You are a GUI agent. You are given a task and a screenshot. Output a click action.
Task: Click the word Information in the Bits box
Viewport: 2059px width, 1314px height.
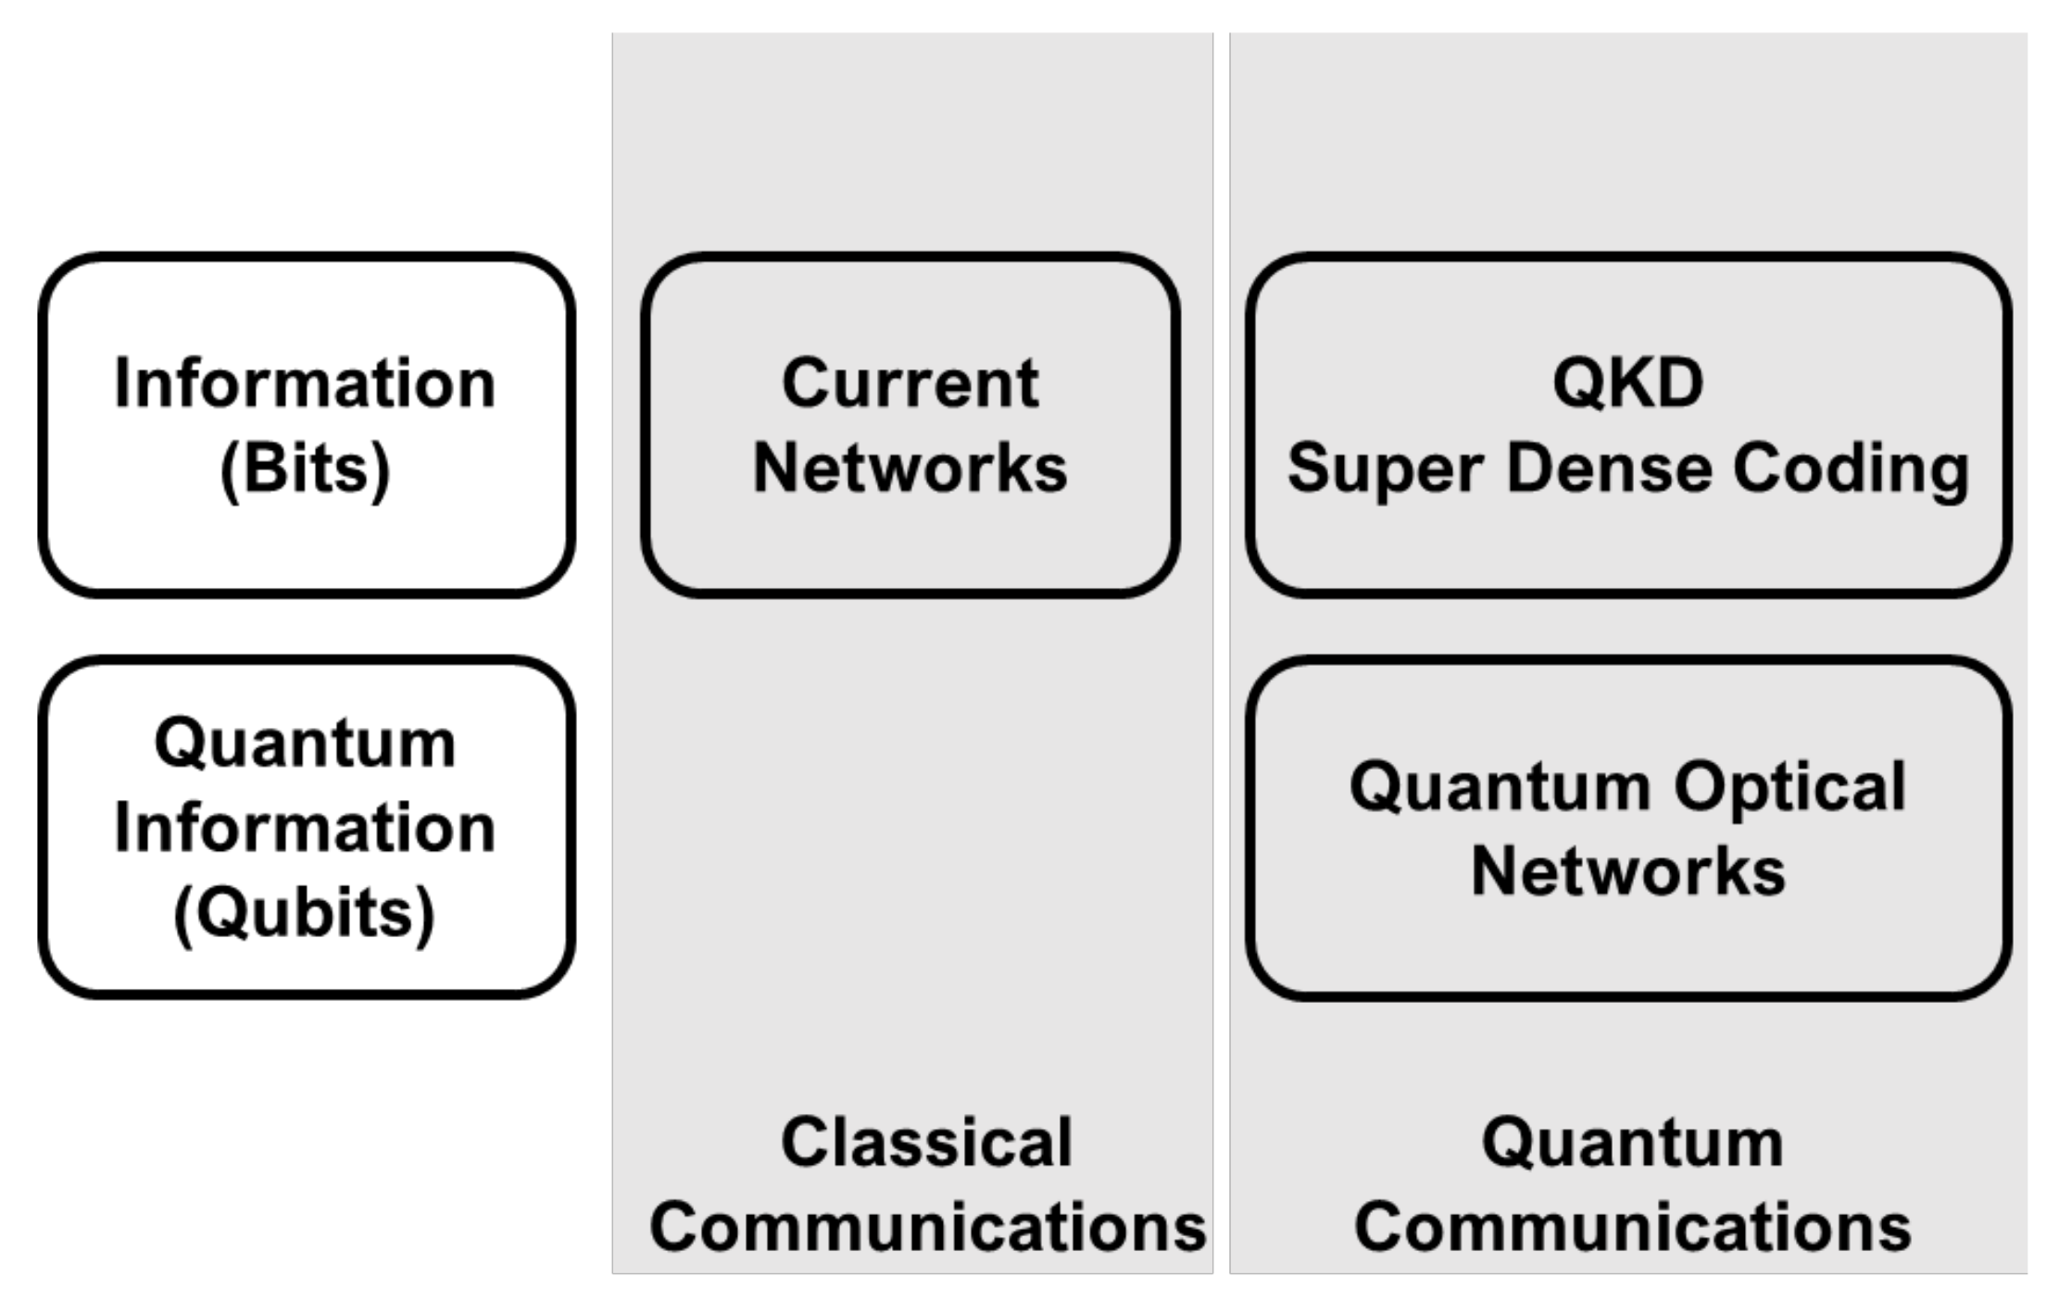click(x=305, y=383)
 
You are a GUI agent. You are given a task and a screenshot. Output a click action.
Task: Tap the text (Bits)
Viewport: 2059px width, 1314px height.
click(x=305, y=469)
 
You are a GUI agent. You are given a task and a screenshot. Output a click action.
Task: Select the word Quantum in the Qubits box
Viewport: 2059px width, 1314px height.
click(x=305, y=743)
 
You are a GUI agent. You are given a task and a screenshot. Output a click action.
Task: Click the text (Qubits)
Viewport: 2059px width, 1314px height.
click(x=305, y=913)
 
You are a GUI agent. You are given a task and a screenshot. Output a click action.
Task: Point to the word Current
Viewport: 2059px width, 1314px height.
click(x=910, y=383)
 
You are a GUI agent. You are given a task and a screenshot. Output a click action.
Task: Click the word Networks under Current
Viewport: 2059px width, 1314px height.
click(x=910, y=469)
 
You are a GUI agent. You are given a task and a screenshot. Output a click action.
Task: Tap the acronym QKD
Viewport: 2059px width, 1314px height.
click(x=1627, y=382)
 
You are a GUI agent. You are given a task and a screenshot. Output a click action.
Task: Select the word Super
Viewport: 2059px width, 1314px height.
click(x=1386, y=470)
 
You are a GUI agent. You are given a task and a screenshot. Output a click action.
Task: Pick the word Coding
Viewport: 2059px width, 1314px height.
click(x=1851, y=470)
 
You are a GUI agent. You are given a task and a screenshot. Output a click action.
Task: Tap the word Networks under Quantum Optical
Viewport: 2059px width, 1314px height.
click(x=1627, y=871)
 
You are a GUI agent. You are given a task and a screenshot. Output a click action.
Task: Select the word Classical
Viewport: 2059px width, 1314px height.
click(x=926, y=1142)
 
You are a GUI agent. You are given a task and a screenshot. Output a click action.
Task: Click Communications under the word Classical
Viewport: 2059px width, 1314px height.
click(x=927, y=1227)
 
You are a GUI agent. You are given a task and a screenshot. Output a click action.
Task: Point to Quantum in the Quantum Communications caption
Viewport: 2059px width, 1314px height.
click(x=1632, y=1144)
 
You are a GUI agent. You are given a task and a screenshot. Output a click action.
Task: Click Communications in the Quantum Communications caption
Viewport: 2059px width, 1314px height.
click(x=1632, y=1227)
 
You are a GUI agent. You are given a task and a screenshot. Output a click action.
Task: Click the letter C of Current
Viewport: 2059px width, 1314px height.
click(x=803, y=383)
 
